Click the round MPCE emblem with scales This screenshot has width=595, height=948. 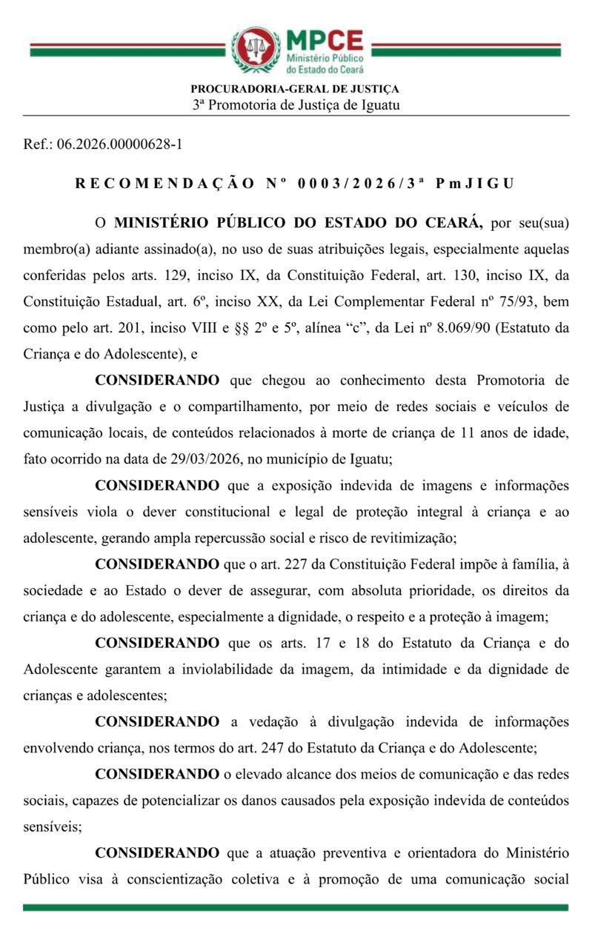pos(256,49)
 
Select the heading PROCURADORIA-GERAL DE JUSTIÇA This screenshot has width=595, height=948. pos(295,90)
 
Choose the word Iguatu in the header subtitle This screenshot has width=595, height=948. pos(380,104)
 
